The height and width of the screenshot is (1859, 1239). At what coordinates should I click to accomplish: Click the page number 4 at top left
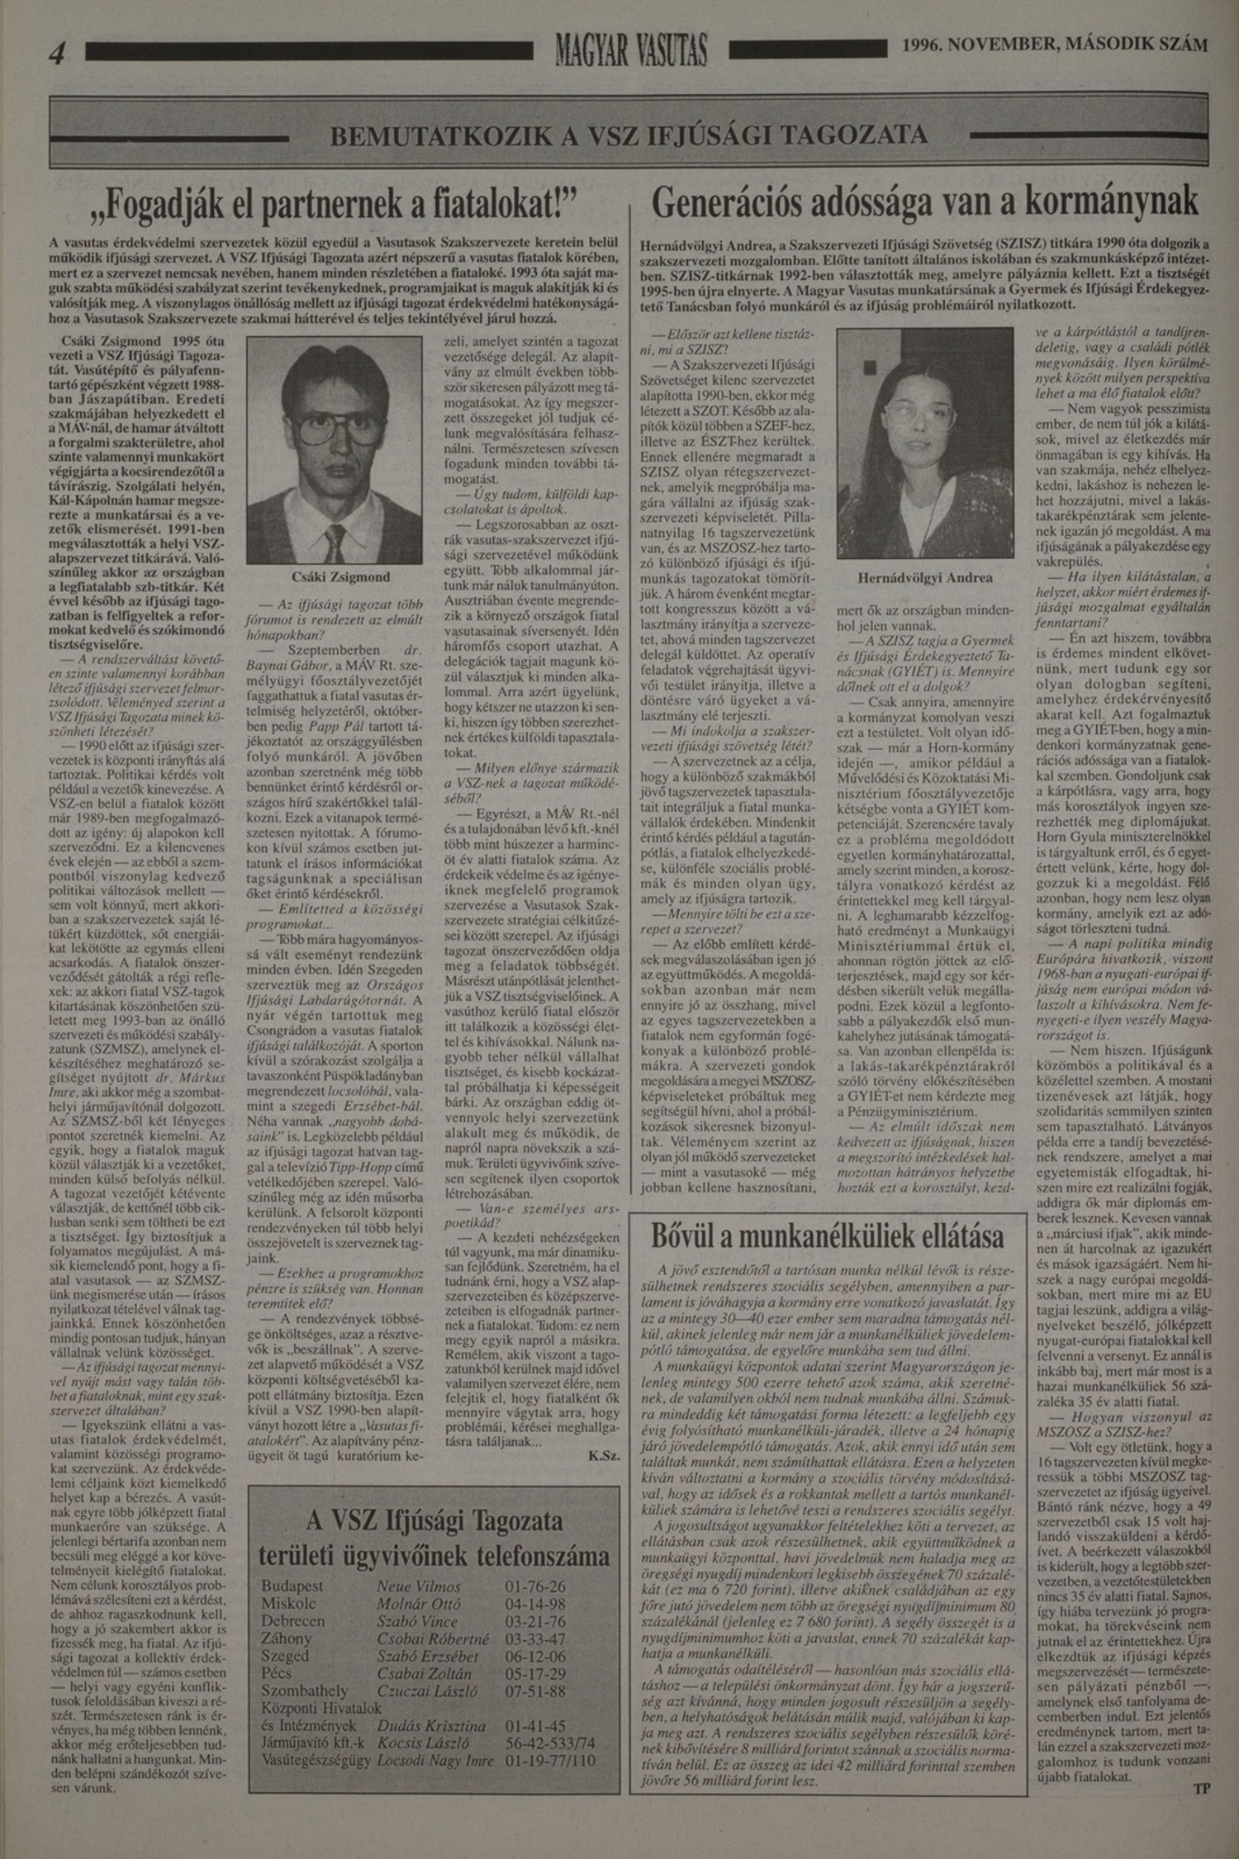coord(56,53)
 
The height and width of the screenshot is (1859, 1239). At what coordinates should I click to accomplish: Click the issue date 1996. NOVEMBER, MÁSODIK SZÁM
coord(1055,45)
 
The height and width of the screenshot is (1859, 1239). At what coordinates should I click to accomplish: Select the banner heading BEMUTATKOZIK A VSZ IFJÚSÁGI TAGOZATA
coord(628,135)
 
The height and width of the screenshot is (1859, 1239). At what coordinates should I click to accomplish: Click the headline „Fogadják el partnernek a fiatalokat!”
coord(334,204)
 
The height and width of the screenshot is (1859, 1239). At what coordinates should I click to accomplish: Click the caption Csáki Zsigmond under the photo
coord(340,576)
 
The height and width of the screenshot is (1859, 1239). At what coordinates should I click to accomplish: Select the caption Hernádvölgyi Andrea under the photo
coord(925,577)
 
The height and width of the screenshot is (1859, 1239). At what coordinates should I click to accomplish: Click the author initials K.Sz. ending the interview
coord(605,1456)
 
